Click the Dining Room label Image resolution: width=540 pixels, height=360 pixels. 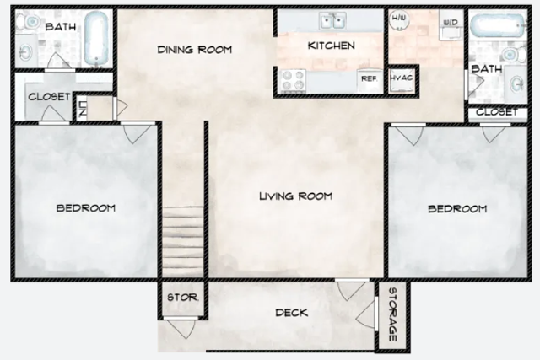click(195, 50)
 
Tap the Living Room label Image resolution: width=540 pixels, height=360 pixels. click(296, 196)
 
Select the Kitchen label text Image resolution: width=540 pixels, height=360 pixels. click(332, 46)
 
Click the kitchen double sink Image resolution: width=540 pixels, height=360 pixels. click(332, 20)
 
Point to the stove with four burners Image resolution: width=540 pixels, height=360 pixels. click(293, 81)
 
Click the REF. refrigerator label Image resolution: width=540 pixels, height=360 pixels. click(369, 78)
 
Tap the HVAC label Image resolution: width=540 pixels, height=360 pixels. click(402, 78)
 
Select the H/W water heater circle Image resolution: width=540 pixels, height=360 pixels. click(399, 19)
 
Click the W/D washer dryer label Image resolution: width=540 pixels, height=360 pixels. click(451, 23)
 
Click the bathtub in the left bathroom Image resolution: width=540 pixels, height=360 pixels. click(96, 38)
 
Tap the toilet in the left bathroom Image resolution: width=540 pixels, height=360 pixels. click(29, 22)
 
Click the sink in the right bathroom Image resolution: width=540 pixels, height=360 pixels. click(516, 83)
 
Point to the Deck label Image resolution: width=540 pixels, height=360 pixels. click(291, 313)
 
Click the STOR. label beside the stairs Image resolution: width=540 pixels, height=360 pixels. click(182, 298)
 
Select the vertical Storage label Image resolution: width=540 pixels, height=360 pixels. click(393, 314)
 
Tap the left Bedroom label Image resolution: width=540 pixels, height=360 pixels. click(86, 208)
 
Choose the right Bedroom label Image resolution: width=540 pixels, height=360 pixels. click(457, 209)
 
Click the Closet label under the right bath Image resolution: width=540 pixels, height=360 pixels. click(497, 112)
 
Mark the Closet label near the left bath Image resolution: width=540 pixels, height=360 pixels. click(49, 97)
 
